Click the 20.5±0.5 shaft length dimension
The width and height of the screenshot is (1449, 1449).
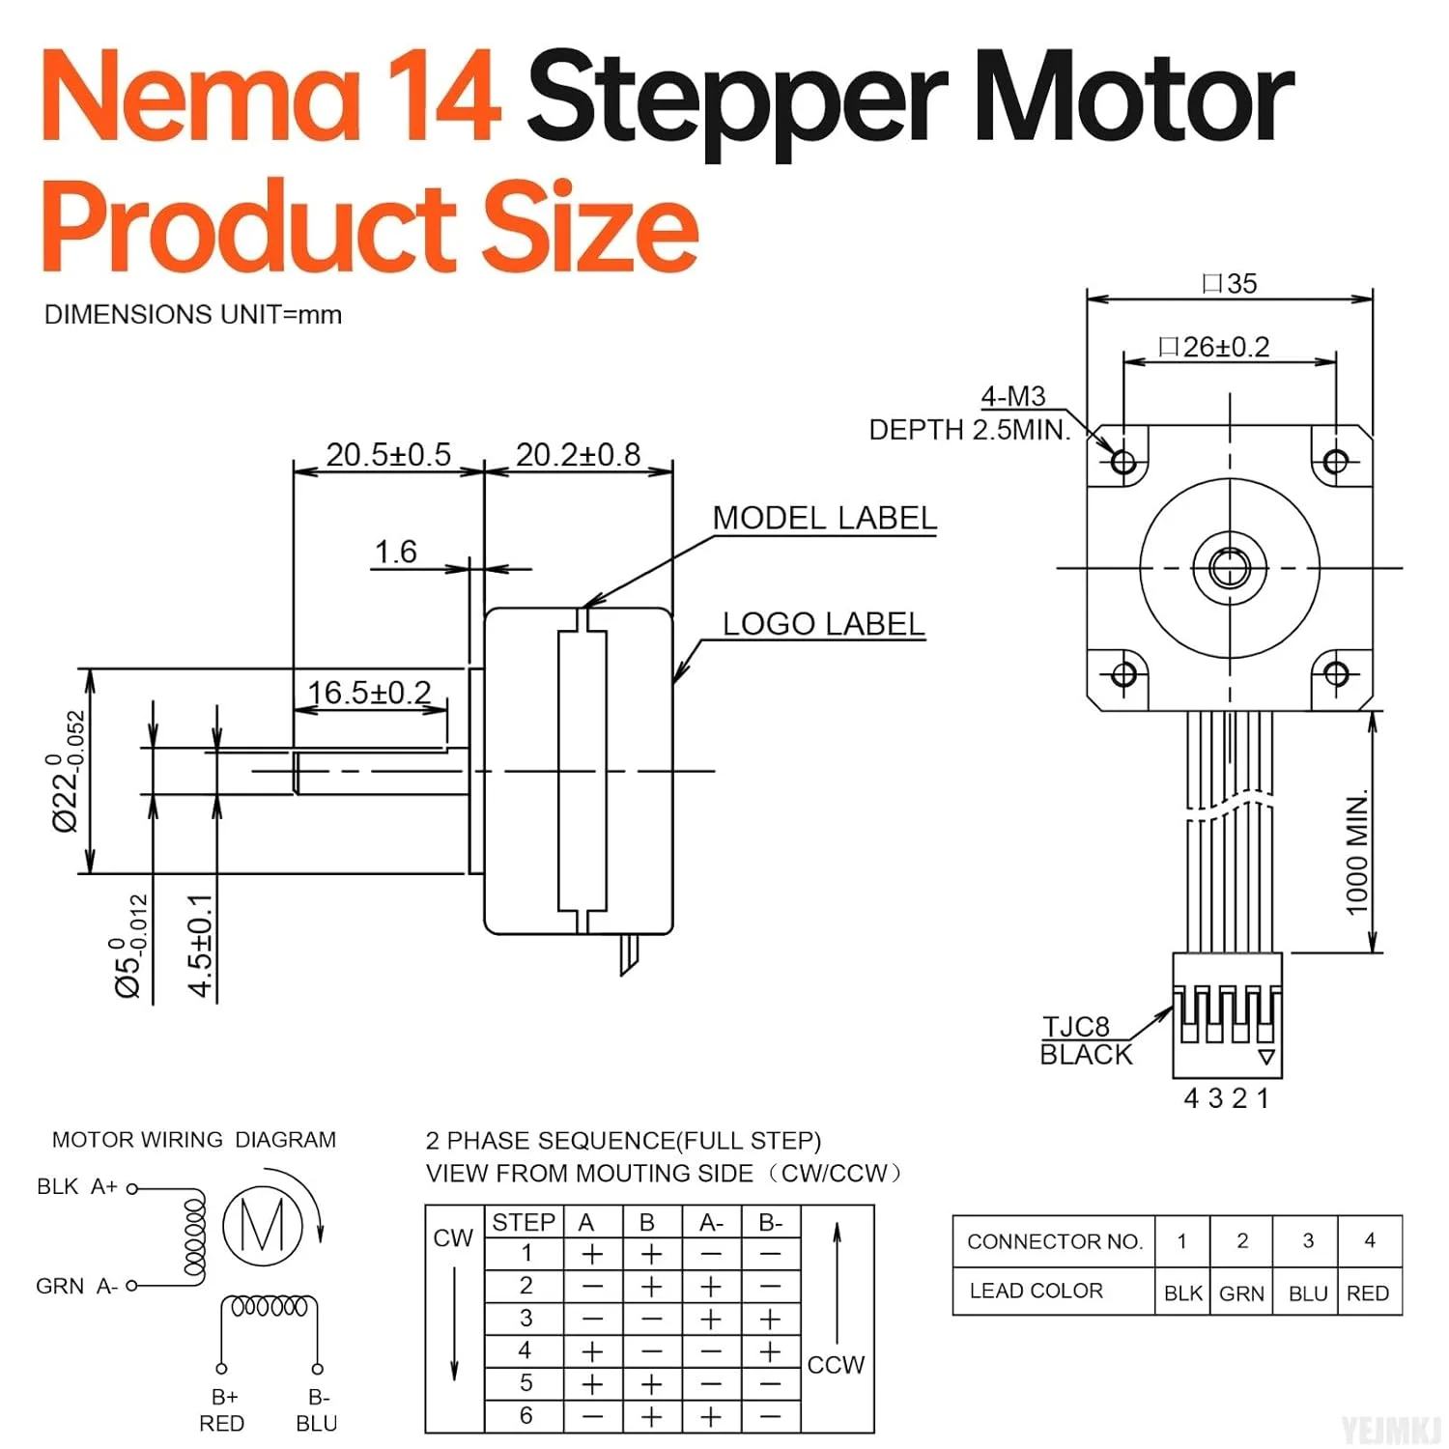coord(388,454)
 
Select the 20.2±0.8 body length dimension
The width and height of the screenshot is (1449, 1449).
coord(578,454)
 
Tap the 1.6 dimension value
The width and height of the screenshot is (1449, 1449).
coord(395,552)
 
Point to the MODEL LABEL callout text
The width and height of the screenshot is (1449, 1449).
coord(824,518)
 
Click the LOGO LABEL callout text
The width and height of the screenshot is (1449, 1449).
coord(823,624)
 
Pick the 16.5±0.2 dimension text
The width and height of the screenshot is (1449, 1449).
coord(369,693)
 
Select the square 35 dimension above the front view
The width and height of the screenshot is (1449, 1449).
coord(1230,283)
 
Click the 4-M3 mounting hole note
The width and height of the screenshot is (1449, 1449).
coord(1012,396)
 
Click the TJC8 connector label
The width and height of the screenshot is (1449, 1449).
coord(1075,1026)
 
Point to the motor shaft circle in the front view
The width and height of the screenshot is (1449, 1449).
coord(1229,568)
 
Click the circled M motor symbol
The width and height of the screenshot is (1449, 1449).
coord(262,1225)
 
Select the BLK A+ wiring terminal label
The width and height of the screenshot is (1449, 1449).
coord(77,1186)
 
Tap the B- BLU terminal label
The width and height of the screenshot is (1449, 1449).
coord(317,1410)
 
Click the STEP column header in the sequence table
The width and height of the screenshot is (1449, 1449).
coord(524,1222)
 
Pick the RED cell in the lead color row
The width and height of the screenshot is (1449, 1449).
coord(1368,1293)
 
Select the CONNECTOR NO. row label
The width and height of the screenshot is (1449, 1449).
coord(1054,1241)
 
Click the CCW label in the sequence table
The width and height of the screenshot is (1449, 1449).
coord(836,1365)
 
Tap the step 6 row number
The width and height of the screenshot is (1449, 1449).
coord(526,1415)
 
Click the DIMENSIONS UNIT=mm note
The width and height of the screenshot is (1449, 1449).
coord(193,315)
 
